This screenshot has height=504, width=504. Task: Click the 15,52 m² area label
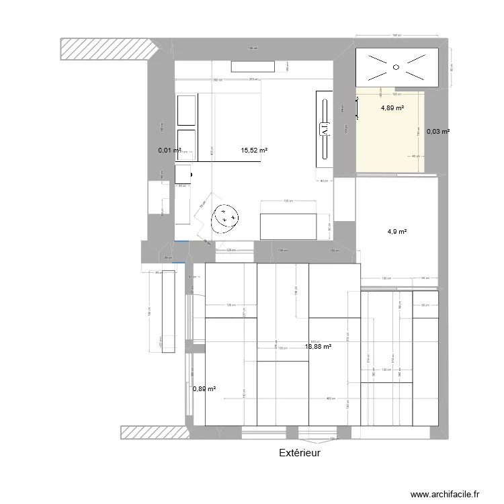coord(254,151)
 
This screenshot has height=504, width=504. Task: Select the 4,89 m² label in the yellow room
coord(392,108)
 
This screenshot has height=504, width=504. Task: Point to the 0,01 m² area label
coord(169,151)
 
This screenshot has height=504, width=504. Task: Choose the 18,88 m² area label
coord(319,347)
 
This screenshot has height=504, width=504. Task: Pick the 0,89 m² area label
coord(204,388)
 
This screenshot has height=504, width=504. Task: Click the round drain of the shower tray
coord(396,67)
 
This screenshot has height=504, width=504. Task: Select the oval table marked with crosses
coord(224,218)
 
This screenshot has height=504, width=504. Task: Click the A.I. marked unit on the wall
coord(325,128)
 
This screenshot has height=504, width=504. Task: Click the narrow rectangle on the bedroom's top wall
coord(253,66)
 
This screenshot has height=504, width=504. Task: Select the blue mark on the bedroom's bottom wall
coord(180,241)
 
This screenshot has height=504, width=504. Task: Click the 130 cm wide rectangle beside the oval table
coord(288,226)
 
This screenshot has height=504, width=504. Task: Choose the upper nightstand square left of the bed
coord(186,110)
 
